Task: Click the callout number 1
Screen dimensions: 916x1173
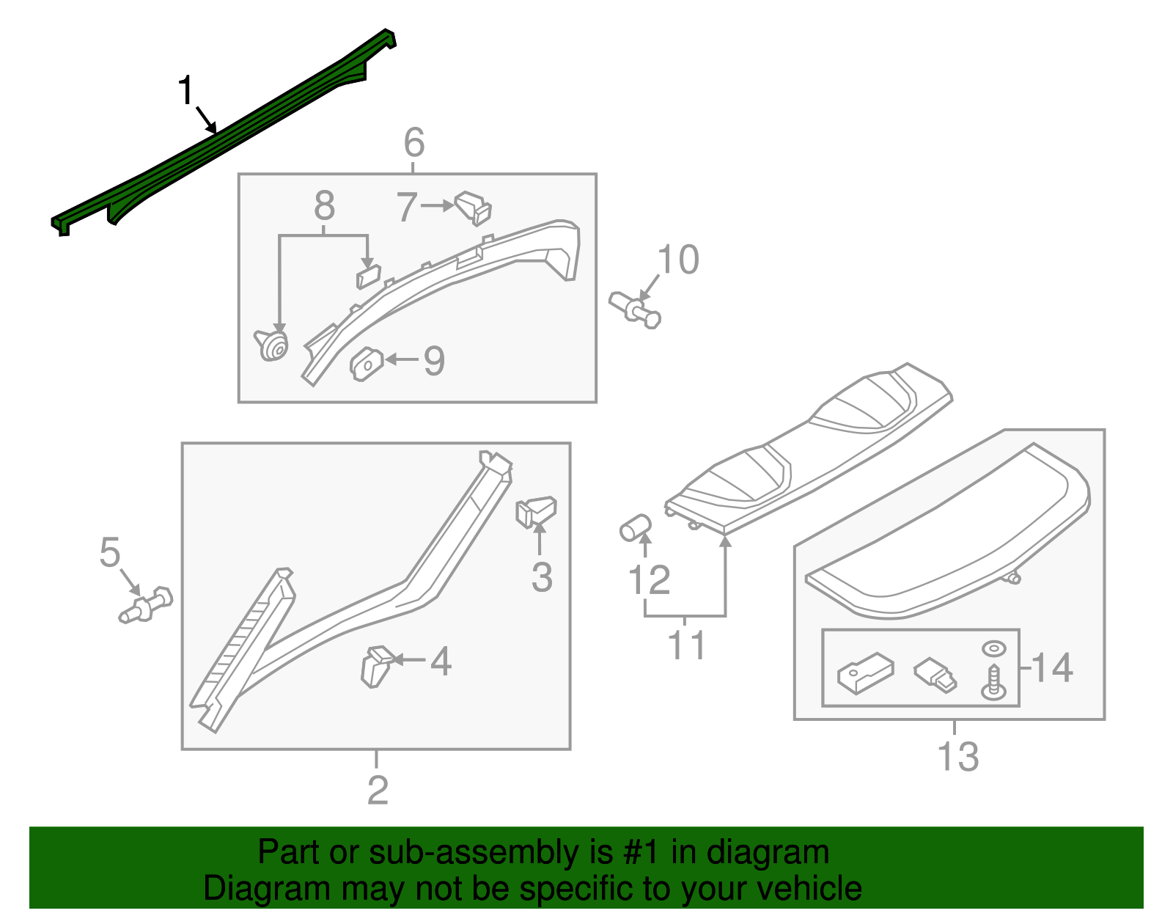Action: tap(186, 91)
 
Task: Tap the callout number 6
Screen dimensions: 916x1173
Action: tap(414, 142)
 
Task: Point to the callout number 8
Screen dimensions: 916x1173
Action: tap(324, 206)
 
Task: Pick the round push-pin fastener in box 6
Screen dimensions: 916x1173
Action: tap(273, 345)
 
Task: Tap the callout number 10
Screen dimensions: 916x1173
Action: tap(678, 260)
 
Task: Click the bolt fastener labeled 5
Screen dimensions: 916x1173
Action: tap(147, 604)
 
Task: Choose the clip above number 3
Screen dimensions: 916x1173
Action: tap(536, 511)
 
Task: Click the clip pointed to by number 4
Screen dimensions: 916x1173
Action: tap(376, 664)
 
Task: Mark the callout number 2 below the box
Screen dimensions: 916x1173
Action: tap(378, 790)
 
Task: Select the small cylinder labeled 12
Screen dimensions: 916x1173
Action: tap(635, 527)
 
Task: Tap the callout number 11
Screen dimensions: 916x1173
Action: tap(686, 645)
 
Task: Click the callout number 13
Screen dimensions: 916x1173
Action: tap(957, 757)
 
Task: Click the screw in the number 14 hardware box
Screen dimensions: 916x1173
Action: tap(993, 682)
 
